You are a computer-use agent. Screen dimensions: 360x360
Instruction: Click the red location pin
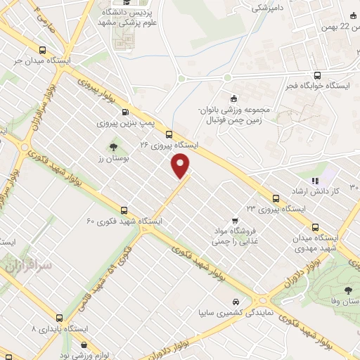[x=181, y=166]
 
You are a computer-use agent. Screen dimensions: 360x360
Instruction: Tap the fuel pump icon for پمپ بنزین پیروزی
[x=125, y=112]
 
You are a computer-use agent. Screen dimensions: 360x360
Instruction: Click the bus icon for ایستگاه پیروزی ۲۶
[x=169, y=134]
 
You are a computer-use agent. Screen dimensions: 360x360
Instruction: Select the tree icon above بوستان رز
[x=112, y=147]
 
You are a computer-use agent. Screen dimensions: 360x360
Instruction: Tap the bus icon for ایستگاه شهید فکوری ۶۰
[x=124, y=210]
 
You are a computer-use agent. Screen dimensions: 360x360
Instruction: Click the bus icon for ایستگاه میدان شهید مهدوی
[x=314, y=226]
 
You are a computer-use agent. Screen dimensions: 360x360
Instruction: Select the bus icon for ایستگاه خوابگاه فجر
[x=317, y=75]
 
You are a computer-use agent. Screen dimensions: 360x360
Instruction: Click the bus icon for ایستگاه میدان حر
[x=43, y=51]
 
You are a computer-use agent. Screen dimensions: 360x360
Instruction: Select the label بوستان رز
[x=111, y=160]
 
